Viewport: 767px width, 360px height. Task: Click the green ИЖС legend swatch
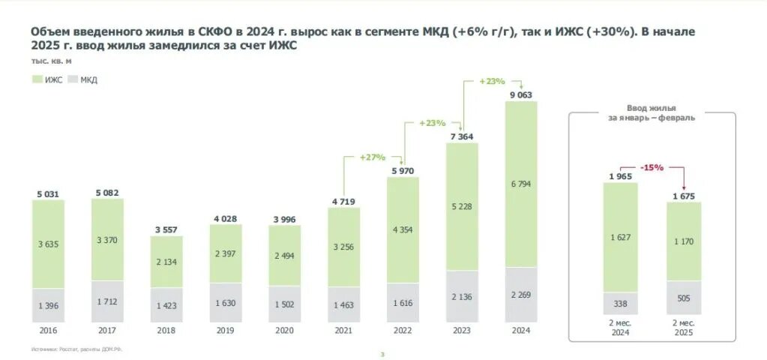37,79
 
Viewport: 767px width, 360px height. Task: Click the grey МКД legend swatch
73,79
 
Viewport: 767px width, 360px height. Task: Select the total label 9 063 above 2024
521,94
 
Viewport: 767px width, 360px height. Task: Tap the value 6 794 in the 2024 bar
521,184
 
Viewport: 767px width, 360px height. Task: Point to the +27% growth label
372,157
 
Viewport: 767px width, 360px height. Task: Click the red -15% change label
652,167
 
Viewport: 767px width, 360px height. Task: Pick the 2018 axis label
166,329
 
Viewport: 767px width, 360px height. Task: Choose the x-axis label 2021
343,329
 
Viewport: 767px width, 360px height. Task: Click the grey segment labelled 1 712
107,301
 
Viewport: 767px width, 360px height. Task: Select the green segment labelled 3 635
48,244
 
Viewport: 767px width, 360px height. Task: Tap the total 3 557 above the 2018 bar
166,229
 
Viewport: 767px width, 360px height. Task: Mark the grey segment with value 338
620,304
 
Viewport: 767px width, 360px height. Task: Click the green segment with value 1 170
683,241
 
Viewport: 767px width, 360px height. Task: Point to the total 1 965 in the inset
620,176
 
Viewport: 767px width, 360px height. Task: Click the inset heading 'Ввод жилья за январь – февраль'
651,113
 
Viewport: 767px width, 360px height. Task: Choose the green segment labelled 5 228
462,206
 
